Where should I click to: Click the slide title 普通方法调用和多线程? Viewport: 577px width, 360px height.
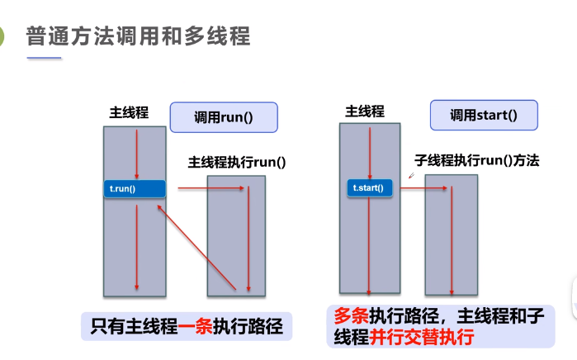pyautogui.click(x=138, y=36)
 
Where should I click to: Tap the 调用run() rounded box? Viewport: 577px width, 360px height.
pyautogui.click(x=223, y=116)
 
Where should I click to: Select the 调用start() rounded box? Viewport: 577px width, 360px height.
pyautogui.click(x=483, y=115)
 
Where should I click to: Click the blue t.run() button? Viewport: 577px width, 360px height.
pyautogui.click(x=135, y=188)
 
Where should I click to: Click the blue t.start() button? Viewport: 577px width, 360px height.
pyautogui.click(x=369, y=188)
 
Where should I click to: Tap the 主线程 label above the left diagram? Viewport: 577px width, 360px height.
pyautogui.click(x=129, y=112)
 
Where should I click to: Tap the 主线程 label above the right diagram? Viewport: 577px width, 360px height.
pyautogui.click(x=364, y=111)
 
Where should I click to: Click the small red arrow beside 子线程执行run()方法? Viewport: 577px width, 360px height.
pyautogui.click(x=410, y=176)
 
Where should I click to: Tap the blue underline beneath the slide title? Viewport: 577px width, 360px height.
pyautogui.click(x=44, y=58)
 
